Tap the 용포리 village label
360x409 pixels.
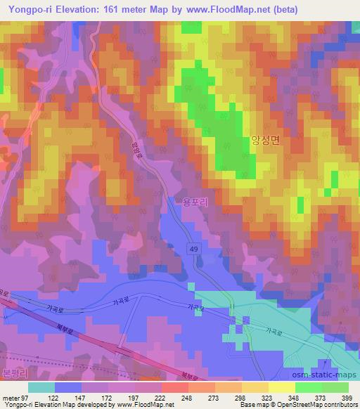[x=192, y=202]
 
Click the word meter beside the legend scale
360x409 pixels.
[x=11, y=397]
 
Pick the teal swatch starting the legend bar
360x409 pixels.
[x=41, y=387]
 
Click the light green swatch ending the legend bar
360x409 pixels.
[x=335, y=387]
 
